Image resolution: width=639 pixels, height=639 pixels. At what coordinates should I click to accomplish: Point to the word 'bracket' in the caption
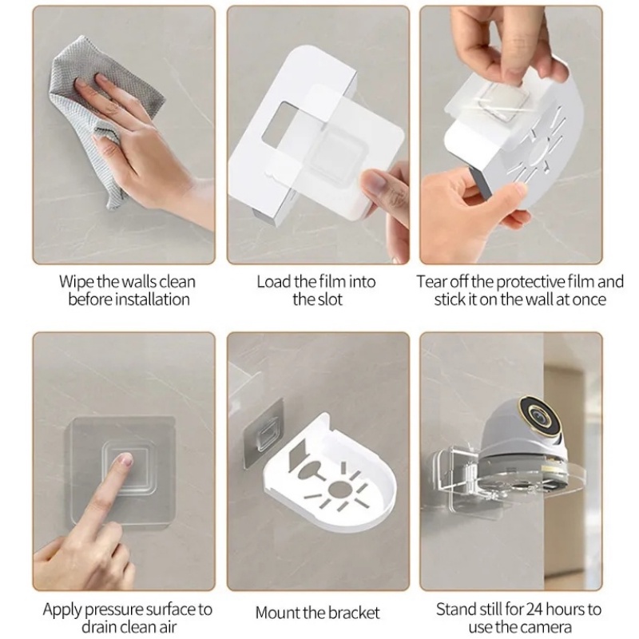[354, 613]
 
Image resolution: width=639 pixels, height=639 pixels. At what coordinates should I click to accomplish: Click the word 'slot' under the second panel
[329, 300]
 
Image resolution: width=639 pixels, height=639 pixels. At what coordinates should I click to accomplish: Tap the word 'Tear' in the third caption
[429, 282]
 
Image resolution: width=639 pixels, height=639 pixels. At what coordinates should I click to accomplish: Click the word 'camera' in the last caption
[547, 627]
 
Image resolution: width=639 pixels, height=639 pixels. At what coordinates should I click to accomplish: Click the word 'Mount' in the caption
[277, 613]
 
